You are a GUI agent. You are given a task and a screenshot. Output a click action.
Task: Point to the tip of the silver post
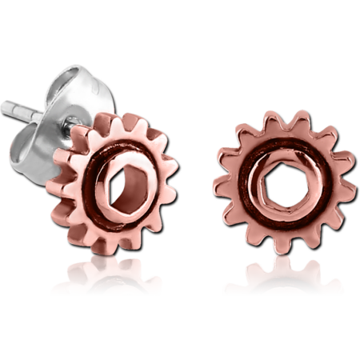tap(5, 104)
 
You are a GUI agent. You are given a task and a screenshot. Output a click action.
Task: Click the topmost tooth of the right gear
tap(276, 114)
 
